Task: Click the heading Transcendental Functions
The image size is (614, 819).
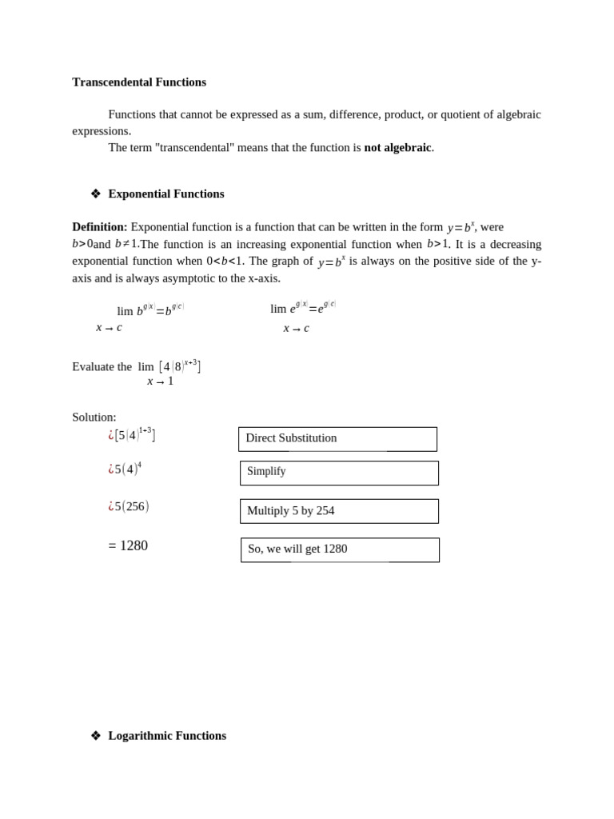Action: pyautogui.click(x=139, y=82)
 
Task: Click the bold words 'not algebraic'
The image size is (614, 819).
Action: pyautogui.click(x=397, y=147)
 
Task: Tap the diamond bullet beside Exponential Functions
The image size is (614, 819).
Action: pyautogui.click(x=96, y=194)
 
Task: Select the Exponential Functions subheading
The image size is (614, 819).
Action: pyautogui.click(x=166, y=194)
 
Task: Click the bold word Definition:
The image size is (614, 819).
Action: pyautogui.click(x=99, y=227)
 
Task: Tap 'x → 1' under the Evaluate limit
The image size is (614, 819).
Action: pyautogui.click(x=160, y=382)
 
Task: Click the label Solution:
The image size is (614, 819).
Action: pyautogui.click(x=94, y=417)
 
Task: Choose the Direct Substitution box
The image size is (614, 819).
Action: pyautogui.click(x=337, y=439)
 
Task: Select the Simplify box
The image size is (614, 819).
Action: pyautogui.click(x=339, y=473)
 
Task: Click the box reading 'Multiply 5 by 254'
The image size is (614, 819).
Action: pyautogui.click(x=339, y=511)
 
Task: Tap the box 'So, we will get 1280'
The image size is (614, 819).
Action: pyautogui.click(x=340, y=549)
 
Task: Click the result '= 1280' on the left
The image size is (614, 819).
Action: pyautogui.click(x=128, y=545)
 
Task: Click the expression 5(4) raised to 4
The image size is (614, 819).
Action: pyautogui.click(x=126, y=469)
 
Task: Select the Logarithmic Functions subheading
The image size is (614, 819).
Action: pyautogui.click(x=167, y=736)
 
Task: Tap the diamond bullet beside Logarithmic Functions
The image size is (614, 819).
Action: pyautogui.click(x=96, y=736)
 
